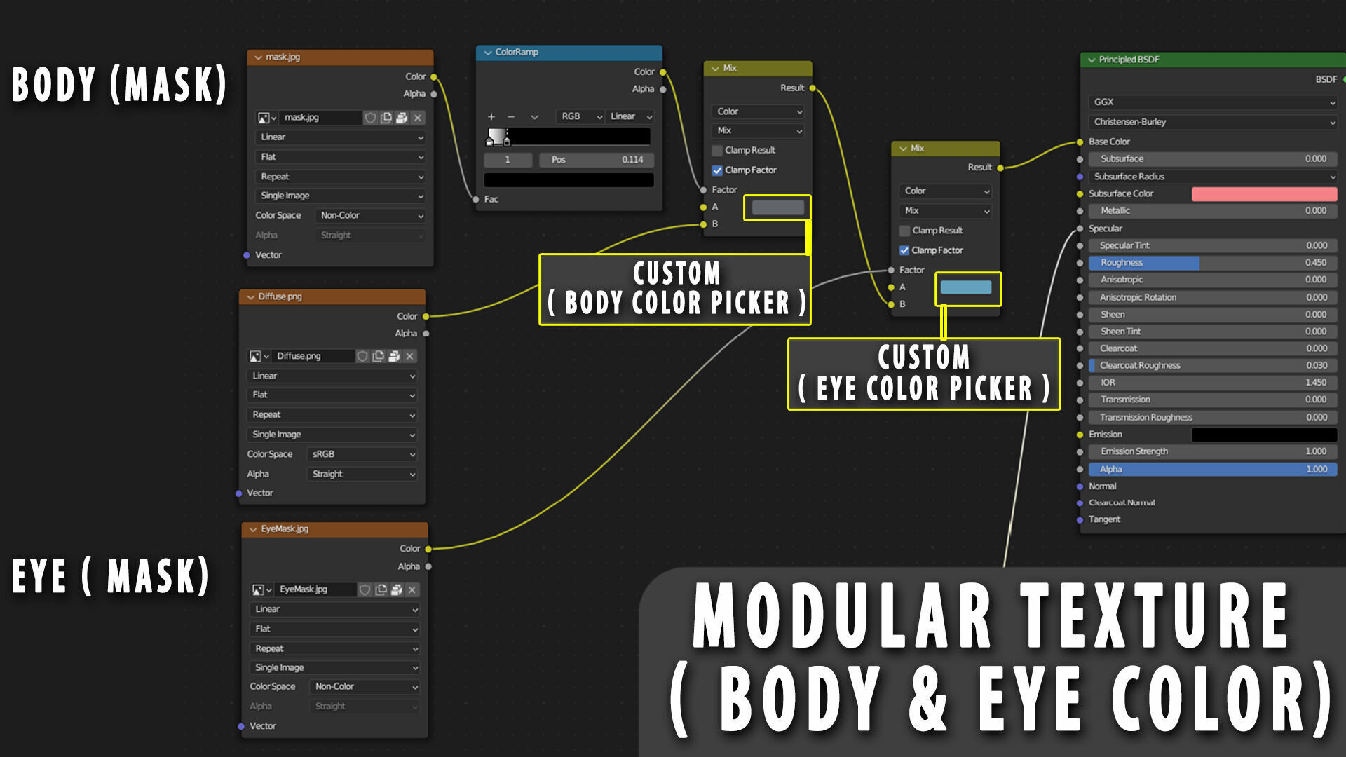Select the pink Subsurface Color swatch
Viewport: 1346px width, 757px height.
tap(1264, 194)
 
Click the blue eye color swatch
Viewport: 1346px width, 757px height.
tap(966, 287)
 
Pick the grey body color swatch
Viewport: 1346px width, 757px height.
tap(777, 207)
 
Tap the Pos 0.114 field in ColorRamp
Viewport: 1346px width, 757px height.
tap(597, 160)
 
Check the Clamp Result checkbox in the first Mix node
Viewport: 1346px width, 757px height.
tap(717, 151)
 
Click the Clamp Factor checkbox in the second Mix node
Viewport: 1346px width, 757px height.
tap(904, 250)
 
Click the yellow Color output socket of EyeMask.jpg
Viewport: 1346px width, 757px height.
tap(428, 549)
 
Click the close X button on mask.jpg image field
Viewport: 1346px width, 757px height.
tap(418, 118)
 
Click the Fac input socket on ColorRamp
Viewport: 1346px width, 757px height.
tap(476, 200)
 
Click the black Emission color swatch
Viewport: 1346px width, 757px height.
tap(1264, 435)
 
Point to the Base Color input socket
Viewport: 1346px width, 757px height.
tap(1080, 142)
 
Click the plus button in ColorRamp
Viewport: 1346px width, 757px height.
tap(491, 117)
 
